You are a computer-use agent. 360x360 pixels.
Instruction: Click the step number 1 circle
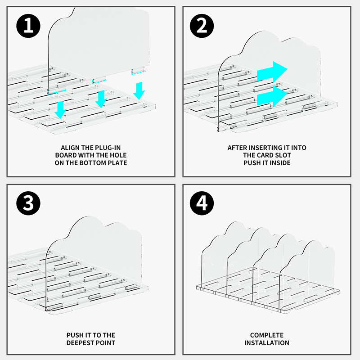[x=28, y=25]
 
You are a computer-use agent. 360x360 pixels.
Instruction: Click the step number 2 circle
[x=202, y=25]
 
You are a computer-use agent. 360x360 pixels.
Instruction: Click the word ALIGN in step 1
[x=71, y=148]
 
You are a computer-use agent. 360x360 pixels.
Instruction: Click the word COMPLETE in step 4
[x=267, y=335]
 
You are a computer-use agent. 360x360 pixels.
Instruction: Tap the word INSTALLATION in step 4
[x=267, y=343]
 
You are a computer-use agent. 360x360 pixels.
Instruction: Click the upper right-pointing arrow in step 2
[x=272, y=71]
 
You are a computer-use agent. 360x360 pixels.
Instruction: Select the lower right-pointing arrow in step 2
[x=272, y=96]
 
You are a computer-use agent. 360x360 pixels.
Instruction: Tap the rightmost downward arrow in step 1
[x=139, y=90]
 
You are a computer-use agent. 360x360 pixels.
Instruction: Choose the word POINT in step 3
[x=106, y=343]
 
